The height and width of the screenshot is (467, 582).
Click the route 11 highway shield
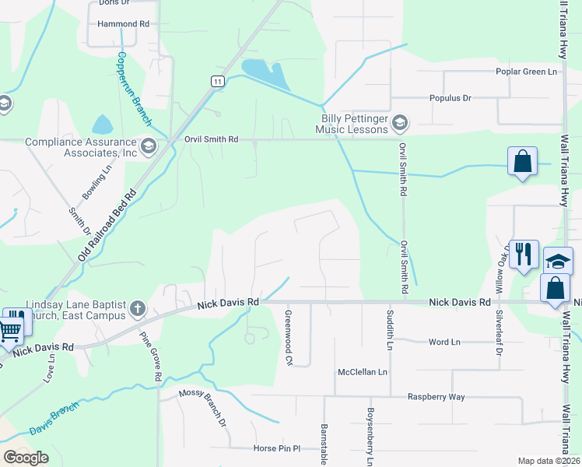(217, 81)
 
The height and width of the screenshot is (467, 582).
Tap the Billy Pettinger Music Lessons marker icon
(400, 121)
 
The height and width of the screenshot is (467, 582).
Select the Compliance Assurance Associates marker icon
(148, 144)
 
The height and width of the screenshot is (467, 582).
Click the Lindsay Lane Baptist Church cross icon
(137, 308)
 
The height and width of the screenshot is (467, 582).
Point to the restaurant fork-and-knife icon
(523, 255)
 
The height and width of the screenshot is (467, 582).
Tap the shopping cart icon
(9, 330)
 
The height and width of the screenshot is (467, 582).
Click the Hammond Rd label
(123, 24)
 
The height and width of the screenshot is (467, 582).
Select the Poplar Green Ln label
(528, 72)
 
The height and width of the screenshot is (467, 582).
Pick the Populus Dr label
(451, 98)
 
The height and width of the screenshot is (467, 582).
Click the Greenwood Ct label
(288, 339)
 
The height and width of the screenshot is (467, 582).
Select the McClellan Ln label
(362, 372)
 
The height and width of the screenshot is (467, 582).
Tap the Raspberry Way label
(436, 397)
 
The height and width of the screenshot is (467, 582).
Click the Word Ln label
(444, 342)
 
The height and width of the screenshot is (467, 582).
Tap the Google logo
(26, 458)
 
